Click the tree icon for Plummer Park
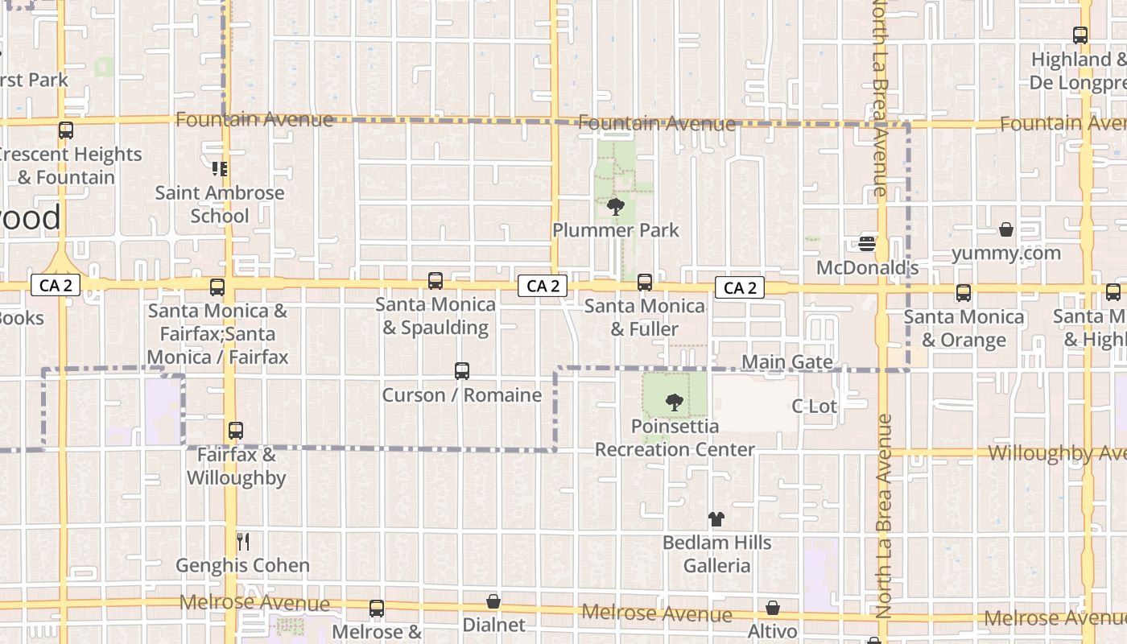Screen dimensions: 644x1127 coord(616,207)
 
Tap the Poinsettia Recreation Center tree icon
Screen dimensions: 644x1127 coord(675,402)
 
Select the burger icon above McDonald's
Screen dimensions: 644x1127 coord(867,243)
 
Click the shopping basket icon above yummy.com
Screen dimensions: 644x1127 coord(1005,230)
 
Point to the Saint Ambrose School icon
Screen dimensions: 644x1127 coord(220,169)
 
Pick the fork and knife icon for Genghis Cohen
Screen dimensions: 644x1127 coord(242,542)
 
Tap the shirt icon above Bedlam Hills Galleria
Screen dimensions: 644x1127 coord(716,519)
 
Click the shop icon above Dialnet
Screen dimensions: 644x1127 coord(493,601)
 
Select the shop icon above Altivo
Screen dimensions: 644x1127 coord(773,608)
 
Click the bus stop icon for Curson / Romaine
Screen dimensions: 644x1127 coord(461,371)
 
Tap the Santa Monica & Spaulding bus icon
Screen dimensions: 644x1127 coord(436,281)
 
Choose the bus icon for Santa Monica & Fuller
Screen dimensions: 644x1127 coord(644,283)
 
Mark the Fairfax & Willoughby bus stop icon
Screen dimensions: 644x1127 coord(235,431)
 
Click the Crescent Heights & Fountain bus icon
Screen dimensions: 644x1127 coord(66,130)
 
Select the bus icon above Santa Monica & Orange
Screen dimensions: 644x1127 coord(964,293)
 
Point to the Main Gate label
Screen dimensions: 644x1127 coord(786,362)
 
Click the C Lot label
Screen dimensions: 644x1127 coord(815,407)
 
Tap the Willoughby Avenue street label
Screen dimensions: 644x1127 coord(1056,453)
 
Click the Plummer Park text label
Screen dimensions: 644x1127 coord(616,230)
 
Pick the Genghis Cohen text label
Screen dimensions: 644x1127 coord(242,566)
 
